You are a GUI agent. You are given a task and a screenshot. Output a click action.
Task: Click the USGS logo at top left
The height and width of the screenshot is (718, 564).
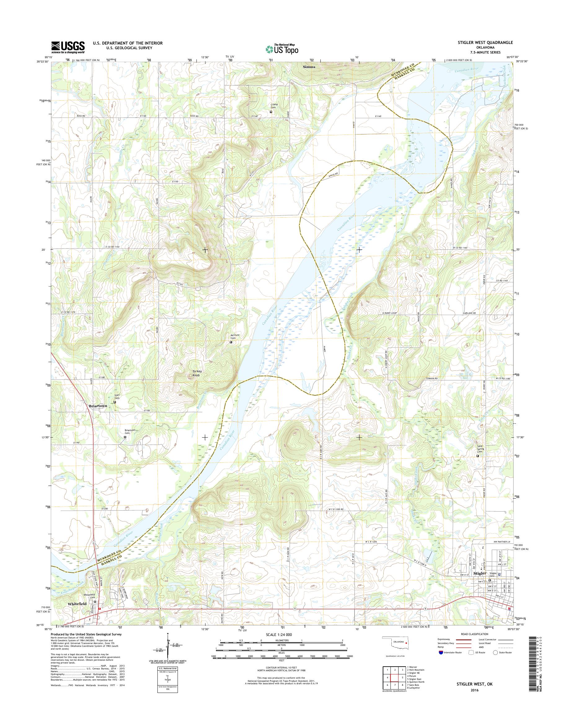pos(68,47)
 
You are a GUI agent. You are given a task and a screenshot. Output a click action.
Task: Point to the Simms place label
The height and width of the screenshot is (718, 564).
pos(309,67)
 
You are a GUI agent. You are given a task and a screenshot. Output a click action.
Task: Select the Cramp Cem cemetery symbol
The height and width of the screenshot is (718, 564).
pos(271,112)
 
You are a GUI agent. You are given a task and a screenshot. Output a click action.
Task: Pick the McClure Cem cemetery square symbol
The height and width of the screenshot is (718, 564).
pos(231,342)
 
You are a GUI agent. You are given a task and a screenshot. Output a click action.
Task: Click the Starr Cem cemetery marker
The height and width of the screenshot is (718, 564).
pos(115,402)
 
